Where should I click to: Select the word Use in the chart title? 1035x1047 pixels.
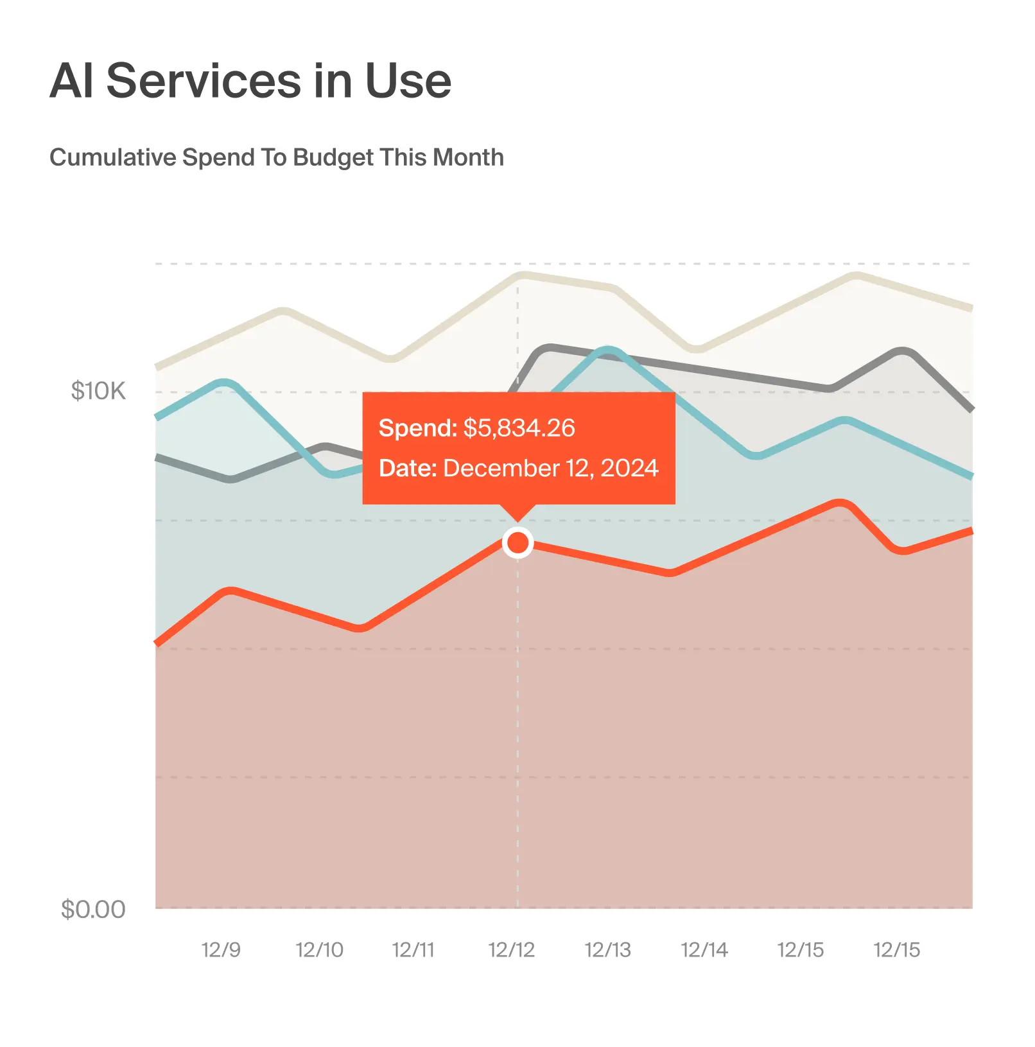(x=408, y=81)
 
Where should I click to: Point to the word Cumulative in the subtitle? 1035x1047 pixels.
(x=113, y=157)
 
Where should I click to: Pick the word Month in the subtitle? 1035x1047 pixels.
(x=468, y=157)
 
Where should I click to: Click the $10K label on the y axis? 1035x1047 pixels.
(x=98, y=391)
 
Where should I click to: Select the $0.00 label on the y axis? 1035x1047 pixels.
(x=93, y=909)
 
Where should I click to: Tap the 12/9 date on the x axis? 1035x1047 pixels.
(x=221, y=949)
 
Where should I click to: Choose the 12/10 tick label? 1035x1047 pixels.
(x=319, y=949)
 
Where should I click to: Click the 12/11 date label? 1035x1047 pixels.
(x=413, y=949)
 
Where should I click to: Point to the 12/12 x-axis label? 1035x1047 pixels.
(x=511, y=949)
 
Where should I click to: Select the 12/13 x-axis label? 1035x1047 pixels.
(x=607, y=949)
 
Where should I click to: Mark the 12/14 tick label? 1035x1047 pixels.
(x=704, y=949)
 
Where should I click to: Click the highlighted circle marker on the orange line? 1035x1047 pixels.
(x=517, y=543)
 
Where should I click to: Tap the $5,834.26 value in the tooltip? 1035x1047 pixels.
(x=519, y=428)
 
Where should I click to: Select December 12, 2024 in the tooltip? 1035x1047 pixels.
(x=551, y=468)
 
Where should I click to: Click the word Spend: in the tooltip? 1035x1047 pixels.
(x=417, y=428)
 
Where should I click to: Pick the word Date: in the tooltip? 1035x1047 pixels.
(x=408, y=468)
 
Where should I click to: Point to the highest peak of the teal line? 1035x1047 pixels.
(x=607, y=350)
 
